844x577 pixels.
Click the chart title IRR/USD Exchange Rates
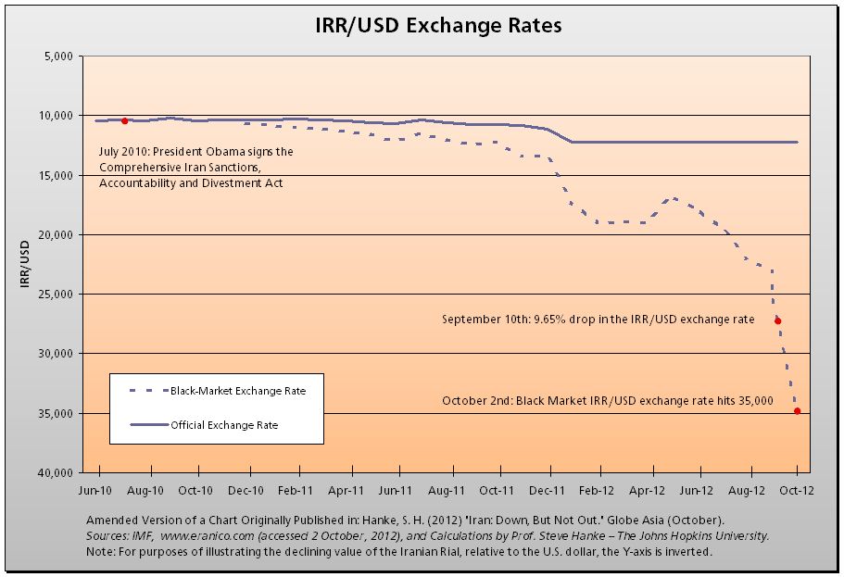438,25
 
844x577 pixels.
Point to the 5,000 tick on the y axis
57,56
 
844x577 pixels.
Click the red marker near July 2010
125,120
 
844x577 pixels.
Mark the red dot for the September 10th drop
777,321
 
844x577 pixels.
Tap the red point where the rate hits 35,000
798,411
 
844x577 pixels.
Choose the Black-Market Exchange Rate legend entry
237,391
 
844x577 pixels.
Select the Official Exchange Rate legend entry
224,425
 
